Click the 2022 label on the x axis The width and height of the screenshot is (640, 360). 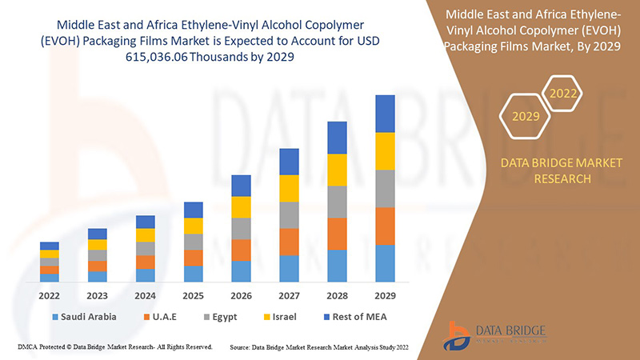[50, 294]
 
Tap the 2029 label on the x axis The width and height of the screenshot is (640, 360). [386, 294]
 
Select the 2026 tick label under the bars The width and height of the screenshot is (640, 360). [242, 294]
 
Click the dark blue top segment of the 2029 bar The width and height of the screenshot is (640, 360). [386, 114]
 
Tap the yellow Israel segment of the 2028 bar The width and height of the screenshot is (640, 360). [338, 170]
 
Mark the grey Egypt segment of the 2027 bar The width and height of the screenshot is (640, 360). [290, 215]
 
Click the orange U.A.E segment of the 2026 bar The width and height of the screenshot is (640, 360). [242, 250]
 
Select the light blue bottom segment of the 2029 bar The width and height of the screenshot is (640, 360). [386, 263]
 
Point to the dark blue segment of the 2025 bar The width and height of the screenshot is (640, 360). [194, 210]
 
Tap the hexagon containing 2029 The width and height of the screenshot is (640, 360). [526, 117]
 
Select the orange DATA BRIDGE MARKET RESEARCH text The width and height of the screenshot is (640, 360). [560, 170]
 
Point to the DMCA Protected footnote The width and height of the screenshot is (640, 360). [114, 347]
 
